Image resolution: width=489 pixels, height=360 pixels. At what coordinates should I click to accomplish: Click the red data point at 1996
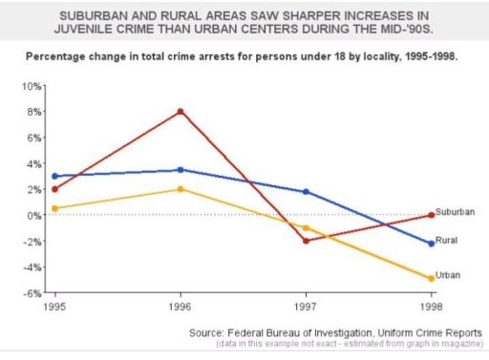click(180, 112)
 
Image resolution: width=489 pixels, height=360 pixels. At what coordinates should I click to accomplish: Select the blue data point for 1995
click(54, 176)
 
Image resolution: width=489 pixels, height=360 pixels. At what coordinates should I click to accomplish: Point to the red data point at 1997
click(305, 241)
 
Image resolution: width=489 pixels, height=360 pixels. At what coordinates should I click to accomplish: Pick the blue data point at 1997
click(305, 192)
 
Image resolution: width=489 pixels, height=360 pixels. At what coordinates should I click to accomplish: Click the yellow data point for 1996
click(180, 189)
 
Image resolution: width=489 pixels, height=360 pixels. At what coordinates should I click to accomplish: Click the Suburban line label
click(456, 211)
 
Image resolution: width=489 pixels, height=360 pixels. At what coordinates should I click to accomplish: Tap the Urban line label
click(448, 275)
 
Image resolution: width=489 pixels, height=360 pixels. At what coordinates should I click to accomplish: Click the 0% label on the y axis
click(36, 215)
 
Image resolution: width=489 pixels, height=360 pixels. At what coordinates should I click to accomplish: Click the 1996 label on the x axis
click(180, 307)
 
